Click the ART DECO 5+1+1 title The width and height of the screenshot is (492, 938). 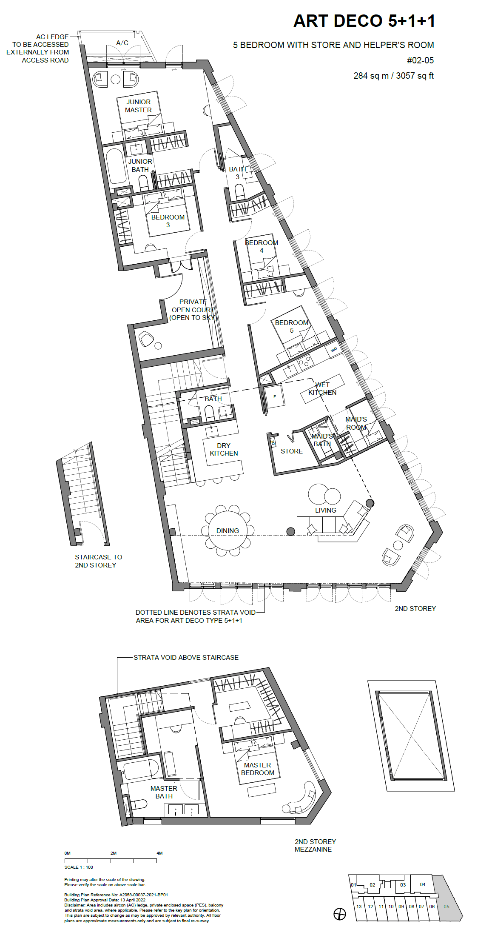click(x=364, y=21)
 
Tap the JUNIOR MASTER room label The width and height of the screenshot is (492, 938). click(x=138, y=106)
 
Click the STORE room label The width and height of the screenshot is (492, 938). click(x=291, y=451)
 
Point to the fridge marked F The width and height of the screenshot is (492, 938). click(x=275, y=396)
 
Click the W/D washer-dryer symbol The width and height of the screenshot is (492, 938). click(x=334, y=350)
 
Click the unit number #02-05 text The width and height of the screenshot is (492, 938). click(x=420, y=60)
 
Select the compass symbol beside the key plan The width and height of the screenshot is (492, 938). click(x=339, y=914)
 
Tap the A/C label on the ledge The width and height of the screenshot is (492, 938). click(x=122, y=43)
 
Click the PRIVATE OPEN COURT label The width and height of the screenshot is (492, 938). click(x=193, y=310)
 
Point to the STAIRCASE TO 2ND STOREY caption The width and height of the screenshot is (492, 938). click(x=98, y=561)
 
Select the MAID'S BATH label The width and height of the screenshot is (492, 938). click(x=322, y=440)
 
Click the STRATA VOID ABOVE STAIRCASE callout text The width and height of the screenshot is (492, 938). click(x=186, y=657)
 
